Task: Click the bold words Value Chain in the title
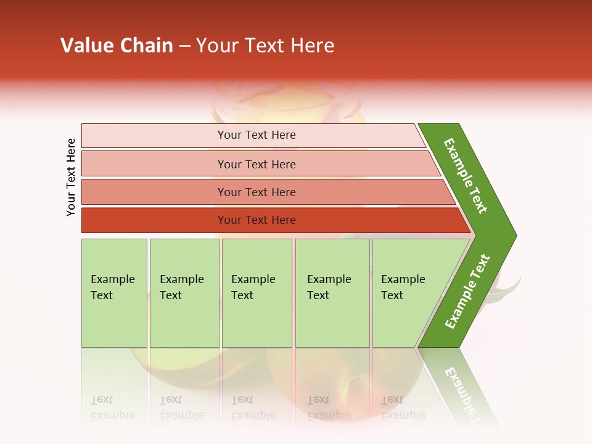coord(117,46)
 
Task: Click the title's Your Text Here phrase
coord(265,46)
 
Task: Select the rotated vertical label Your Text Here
coord(71,178)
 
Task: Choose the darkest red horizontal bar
coord(154,220)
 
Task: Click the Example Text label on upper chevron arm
coord(466,175)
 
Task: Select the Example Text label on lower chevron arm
coord(467,292)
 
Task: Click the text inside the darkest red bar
coord(257,220)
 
